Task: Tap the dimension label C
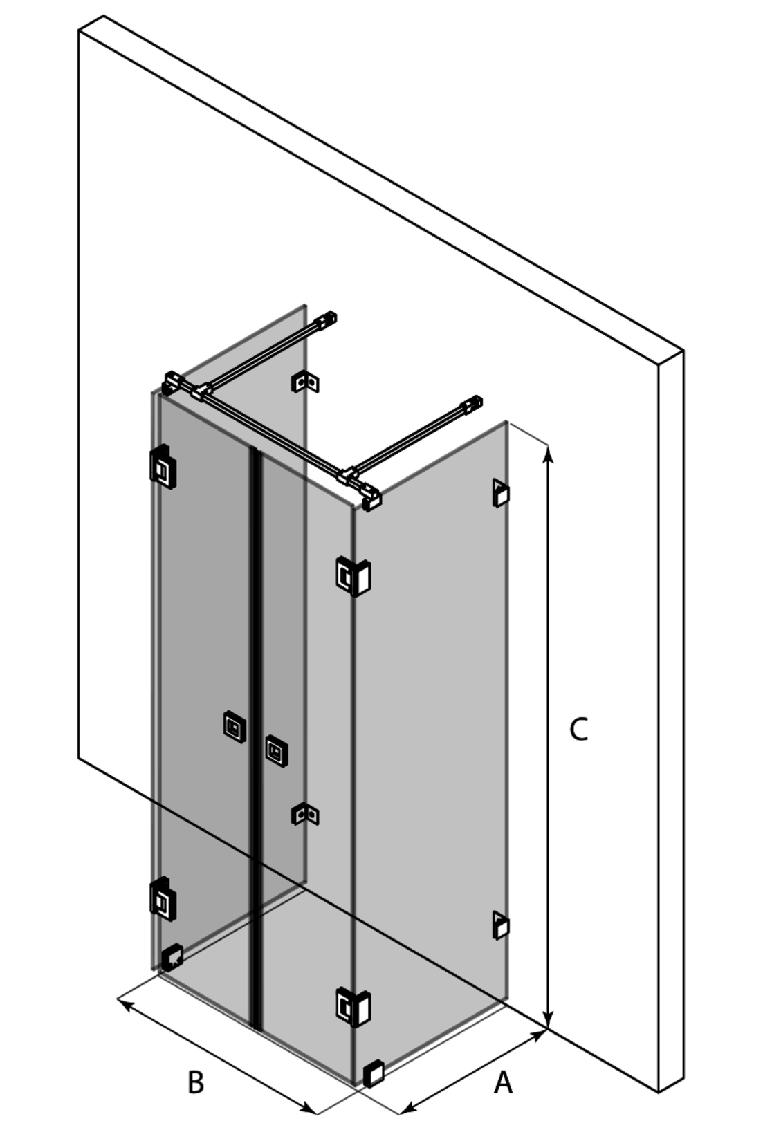click(x=578, y=730)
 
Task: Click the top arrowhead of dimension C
click(x=548, y=453)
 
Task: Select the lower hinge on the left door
click(x=163, y=900)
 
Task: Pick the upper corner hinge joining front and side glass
click(x=353, y=575)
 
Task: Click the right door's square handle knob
click(x=277, y=751)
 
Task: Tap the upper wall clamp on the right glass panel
click(x=501, y=493)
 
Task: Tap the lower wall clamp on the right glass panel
click(x=501, y=925)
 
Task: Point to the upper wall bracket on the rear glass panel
click(x=305, y=382)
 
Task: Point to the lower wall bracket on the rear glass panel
click(x=305, y=815)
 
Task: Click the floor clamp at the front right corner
click(x=374, y=1073)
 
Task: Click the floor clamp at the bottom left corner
click(x=172, y=957)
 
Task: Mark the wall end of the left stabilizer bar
click(x=327, y=320)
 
